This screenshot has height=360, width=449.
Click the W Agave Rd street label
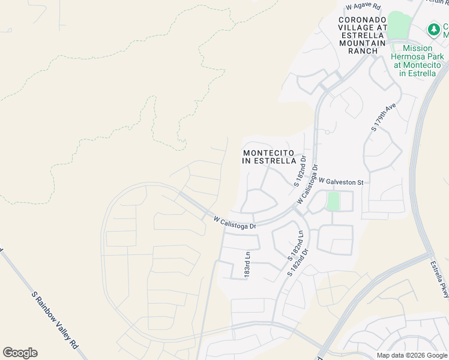(363, 7)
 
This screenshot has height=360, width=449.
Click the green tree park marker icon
(433, 29)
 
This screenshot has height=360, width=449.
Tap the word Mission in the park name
(418, 49)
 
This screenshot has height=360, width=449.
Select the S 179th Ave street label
(384, 117)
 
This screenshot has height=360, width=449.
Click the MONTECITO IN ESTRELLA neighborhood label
(269, 157)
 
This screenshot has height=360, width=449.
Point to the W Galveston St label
(341, 181)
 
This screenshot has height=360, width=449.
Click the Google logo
(20, 353)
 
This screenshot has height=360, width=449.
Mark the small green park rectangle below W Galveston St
(333, 201)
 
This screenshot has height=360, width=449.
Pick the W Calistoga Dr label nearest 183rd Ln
(235, 222)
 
